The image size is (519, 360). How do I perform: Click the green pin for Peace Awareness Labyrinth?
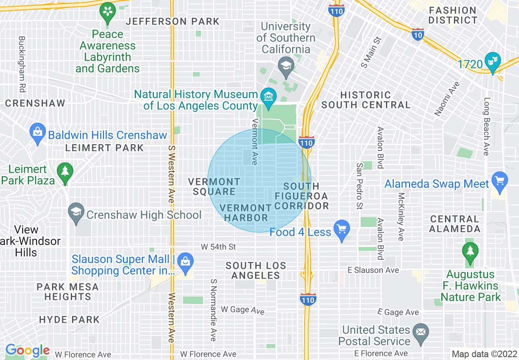pyautogui.click(x=108, y=11)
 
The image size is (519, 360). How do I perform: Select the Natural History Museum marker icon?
pyautogui.click(x=269, y=97)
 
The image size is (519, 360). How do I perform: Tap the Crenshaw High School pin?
pyautogui.click(x=76, y=213)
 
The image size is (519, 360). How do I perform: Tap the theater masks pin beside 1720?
pyautogui.click(x=492, y=61)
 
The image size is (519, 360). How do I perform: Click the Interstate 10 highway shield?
pyautogui.click(x=417, y=35)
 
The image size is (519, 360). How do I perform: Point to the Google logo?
pyautogui.click(x=28, y=350)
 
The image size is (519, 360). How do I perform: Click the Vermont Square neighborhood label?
pyautogui.click(x=214, y=187)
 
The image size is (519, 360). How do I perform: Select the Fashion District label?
pyautogui.click(x=453, y=15)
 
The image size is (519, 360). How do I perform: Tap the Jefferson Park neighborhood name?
pyautogui.click(x=173, y=22)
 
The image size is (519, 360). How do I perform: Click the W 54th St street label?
pyautogui.click(x=219, y=247)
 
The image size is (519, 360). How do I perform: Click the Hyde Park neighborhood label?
pyautogui.click(x=70, y=319)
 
